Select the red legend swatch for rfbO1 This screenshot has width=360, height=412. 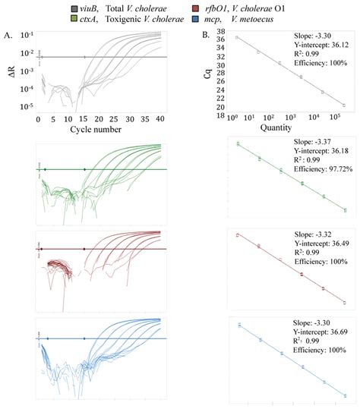click(x=216, y=5)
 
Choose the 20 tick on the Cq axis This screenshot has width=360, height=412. click(x=219, y=107)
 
